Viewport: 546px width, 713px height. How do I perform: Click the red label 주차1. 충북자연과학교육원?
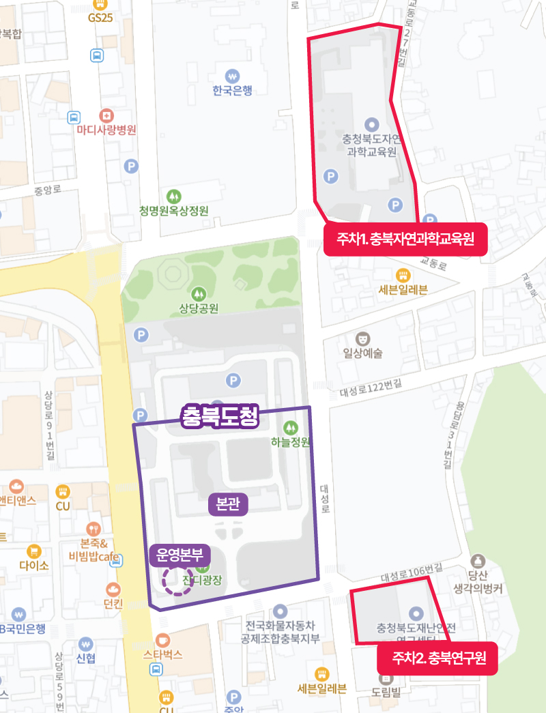[x=405, y=239]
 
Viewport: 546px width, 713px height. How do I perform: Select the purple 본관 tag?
[x=227, y=504]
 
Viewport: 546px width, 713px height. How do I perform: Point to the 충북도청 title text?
[x=220, y=417]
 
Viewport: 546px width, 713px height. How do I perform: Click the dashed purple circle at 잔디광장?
[x=177, y=581]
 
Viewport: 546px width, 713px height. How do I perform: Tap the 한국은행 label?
[x=232, y=91]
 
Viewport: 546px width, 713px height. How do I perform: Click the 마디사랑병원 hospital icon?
[x=106, y=115]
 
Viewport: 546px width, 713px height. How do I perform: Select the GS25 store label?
[x=100, y=18]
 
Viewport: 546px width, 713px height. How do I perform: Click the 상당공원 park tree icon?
[x=199, y=293]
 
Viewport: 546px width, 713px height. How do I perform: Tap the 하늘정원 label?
[x=291, y=442]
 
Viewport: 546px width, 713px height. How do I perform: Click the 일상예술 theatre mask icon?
[x=363, y=338]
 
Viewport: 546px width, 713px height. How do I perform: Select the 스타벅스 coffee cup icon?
[x=162, y=640]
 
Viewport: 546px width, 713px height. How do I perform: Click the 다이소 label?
[x=33, y=566]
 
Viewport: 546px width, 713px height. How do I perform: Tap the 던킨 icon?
[x=113, y=589]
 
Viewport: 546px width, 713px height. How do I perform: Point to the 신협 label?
[x=86, y=658]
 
